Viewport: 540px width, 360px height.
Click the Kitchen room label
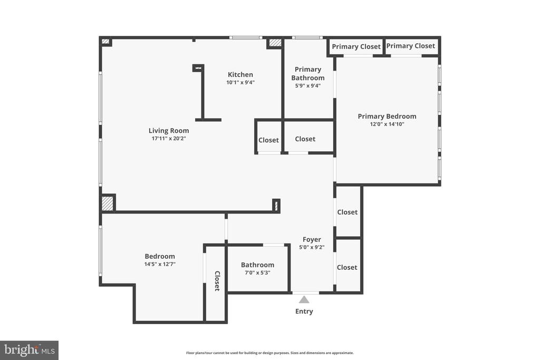tap(240, 74)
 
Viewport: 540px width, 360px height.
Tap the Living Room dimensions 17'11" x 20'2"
tap(169, 138)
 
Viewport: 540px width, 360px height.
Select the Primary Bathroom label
tap(308, 74)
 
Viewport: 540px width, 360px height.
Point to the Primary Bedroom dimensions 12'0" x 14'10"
tap(387, 124)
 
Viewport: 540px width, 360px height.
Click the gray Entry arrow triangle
tap(304, 300)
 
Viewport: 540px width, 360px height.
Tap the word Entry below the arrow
tap(304, 311)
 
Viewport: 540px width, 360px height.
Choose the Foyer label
tap(312, 239)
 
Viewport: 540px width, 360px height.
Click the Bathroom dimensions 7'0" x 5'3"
tap(257, 273)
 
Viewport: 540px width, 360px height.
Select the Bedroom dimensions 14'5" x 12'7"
tap(160, 264)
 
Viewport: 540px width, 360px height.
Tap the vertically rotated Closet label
tap(217, 281)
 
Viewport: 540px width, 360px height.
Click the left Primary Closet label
tap(356, 46)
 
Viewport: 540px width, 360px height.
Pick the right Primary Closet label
tap(410, 46)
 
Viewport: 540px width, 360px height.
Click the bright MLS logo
tap(30, 351)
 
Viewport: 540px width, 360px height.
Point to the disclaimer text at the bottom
tap(270, 353)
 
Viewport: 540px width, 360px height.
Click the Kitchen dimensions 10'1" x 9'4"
tap(240, 82)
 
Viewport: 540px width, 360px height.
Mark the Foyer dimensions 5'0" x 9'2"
tap(312, 247)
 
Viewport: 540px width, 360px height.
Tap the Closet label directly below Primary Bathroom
tap(305, 139)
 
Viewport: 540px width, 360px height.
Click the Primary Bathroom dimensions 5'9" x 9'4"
tap(308, 86)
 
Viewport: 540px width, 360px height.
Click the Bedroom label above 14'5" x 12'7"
tap(160, 256)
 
